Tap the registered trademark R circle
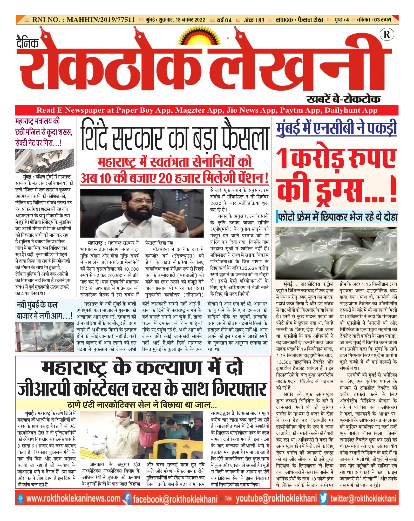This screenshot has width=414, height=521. [x=386, y=35]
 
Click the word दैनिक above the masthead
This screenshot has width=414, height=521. [x=28, y=43]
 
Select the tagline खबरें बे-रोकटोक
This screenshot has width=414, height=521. [x=343, y=99]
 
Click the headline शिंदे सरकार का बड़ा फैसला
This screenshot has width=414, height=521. [x=174, y=138]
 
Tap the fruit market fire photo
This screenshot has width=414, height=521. [x=44, y=337]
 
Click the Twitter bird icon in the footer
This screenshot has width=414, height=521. [x=323, y=498]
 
